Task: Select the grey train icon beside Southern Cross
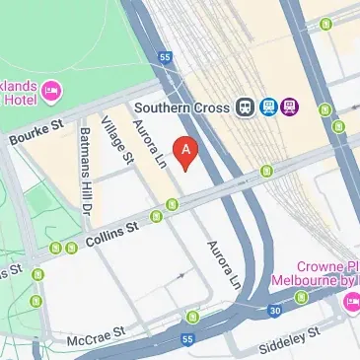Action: [246, 108]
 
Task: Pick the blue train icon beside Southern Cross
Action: [267, 108]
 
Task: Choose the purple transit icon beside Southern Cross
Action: [289, 108]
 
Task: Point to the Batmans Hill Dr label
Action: [86, 173]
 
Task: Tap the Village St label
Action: [121, 138]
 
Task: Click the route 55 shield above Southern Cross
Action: [165, 58]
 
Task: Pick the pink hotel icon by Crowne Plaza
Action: [351, 302]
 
